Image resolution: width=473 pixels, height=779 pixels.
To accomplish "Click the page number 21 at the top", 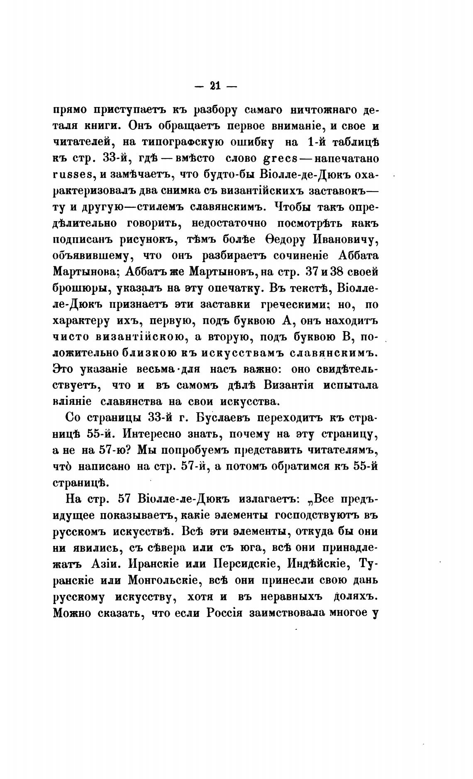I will click(x=215, y=86).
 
